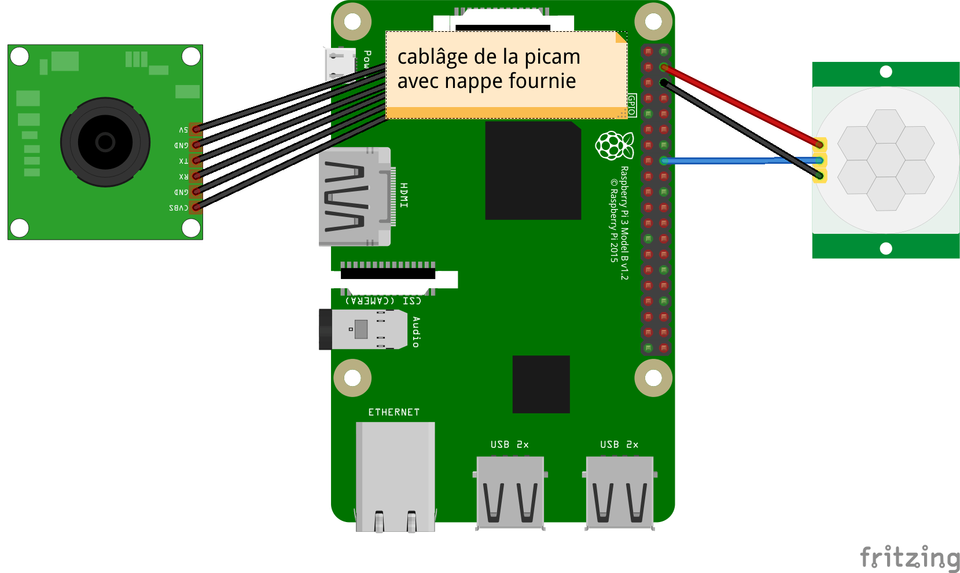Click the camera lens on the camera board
[105, 142]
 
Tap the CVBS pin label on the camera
[178, 208]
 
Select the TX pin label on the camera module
[183, 161]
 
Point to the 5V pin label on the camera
[183, 130]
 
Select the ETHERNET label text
[393, 412]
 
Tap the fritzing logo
[910, 557]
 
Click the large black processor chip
[533, 171]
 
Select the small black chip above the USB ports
[541, 384]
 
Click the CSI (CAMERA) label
[383, 301]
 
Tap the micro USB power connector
[340, 64]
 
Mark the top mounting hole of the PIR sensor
[886, 72]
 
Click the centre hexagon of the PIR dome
[886, 160]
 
